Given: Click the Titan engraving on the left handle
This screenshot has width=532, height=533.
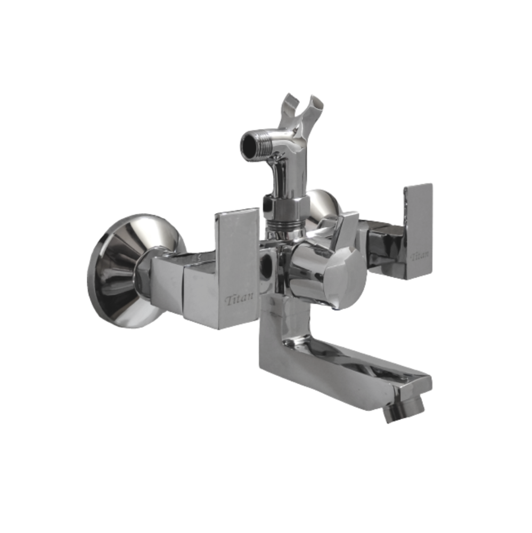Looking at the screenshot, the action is tap(239, 300).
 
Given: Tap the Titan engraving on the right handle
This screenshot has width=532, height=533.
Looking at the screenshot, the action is tap(420, 255).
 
